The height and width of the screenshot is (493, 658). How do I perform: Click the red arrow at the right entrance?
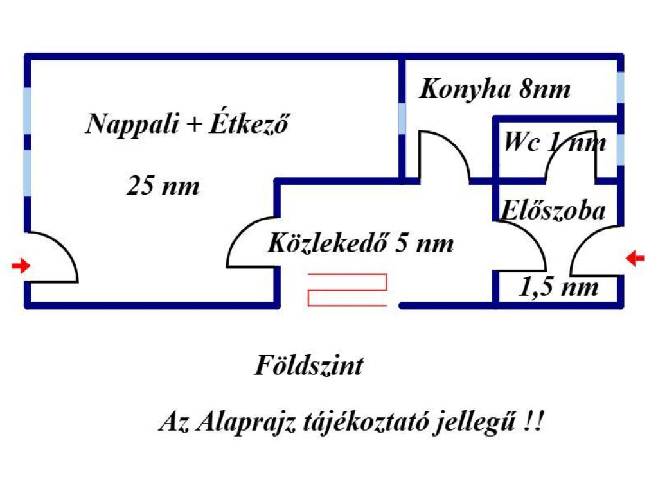[635, 258]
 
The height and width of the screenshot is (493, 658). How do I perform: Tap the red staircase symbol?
[348, 290]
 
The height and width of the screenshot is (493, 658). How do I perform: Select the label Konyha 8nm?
[495, 89]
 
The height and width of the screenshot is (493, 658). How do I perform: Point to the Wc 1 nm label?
[555, 143]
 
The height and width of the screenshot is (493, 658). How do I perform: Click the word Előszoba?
[553, 210]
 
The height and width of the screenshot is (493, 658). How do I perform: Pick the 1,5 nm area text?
[558, 287]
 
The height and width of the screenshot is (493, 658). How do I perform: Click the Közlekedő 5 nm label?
[360, 243]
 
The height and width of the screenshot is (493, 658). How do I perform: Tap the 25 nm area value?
[163, 186]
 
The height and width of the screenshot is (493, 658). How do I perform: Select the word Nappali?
[132, 124]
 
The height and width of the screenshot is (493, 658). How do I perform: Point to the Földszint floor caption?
[309, 365]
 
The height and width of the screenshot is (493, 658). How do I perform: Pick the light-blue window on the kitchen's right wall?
[620, 87]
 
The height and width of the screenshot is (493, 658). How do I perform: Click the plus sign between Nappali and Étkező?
[194, 124]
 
